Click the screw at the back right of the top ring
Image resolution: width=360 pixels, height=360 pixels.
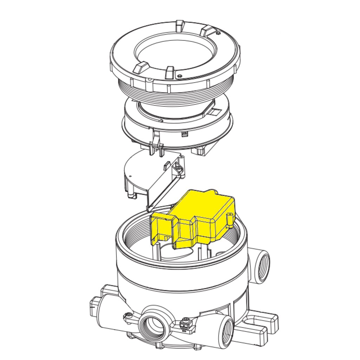click(x=218, y=33)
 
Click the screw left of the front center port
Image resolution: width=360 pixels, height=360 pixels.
click(x=128, y=315)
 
